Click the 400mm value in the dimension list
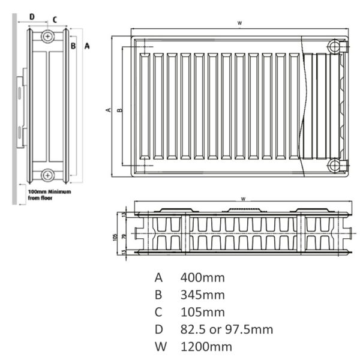(202, 278)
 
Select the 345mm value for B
(202, 295)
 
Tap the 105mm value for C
(202, 312)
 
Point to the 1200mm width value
(206, 347)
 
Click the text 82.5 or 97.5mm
(227, 329)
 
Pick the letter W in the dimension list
(160, 347)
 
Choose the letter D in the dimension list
(159, 329)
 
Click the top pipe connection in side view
(48, 36)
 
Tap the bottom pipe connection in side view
(47, 176)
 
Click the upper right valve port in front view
(334, 47)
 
